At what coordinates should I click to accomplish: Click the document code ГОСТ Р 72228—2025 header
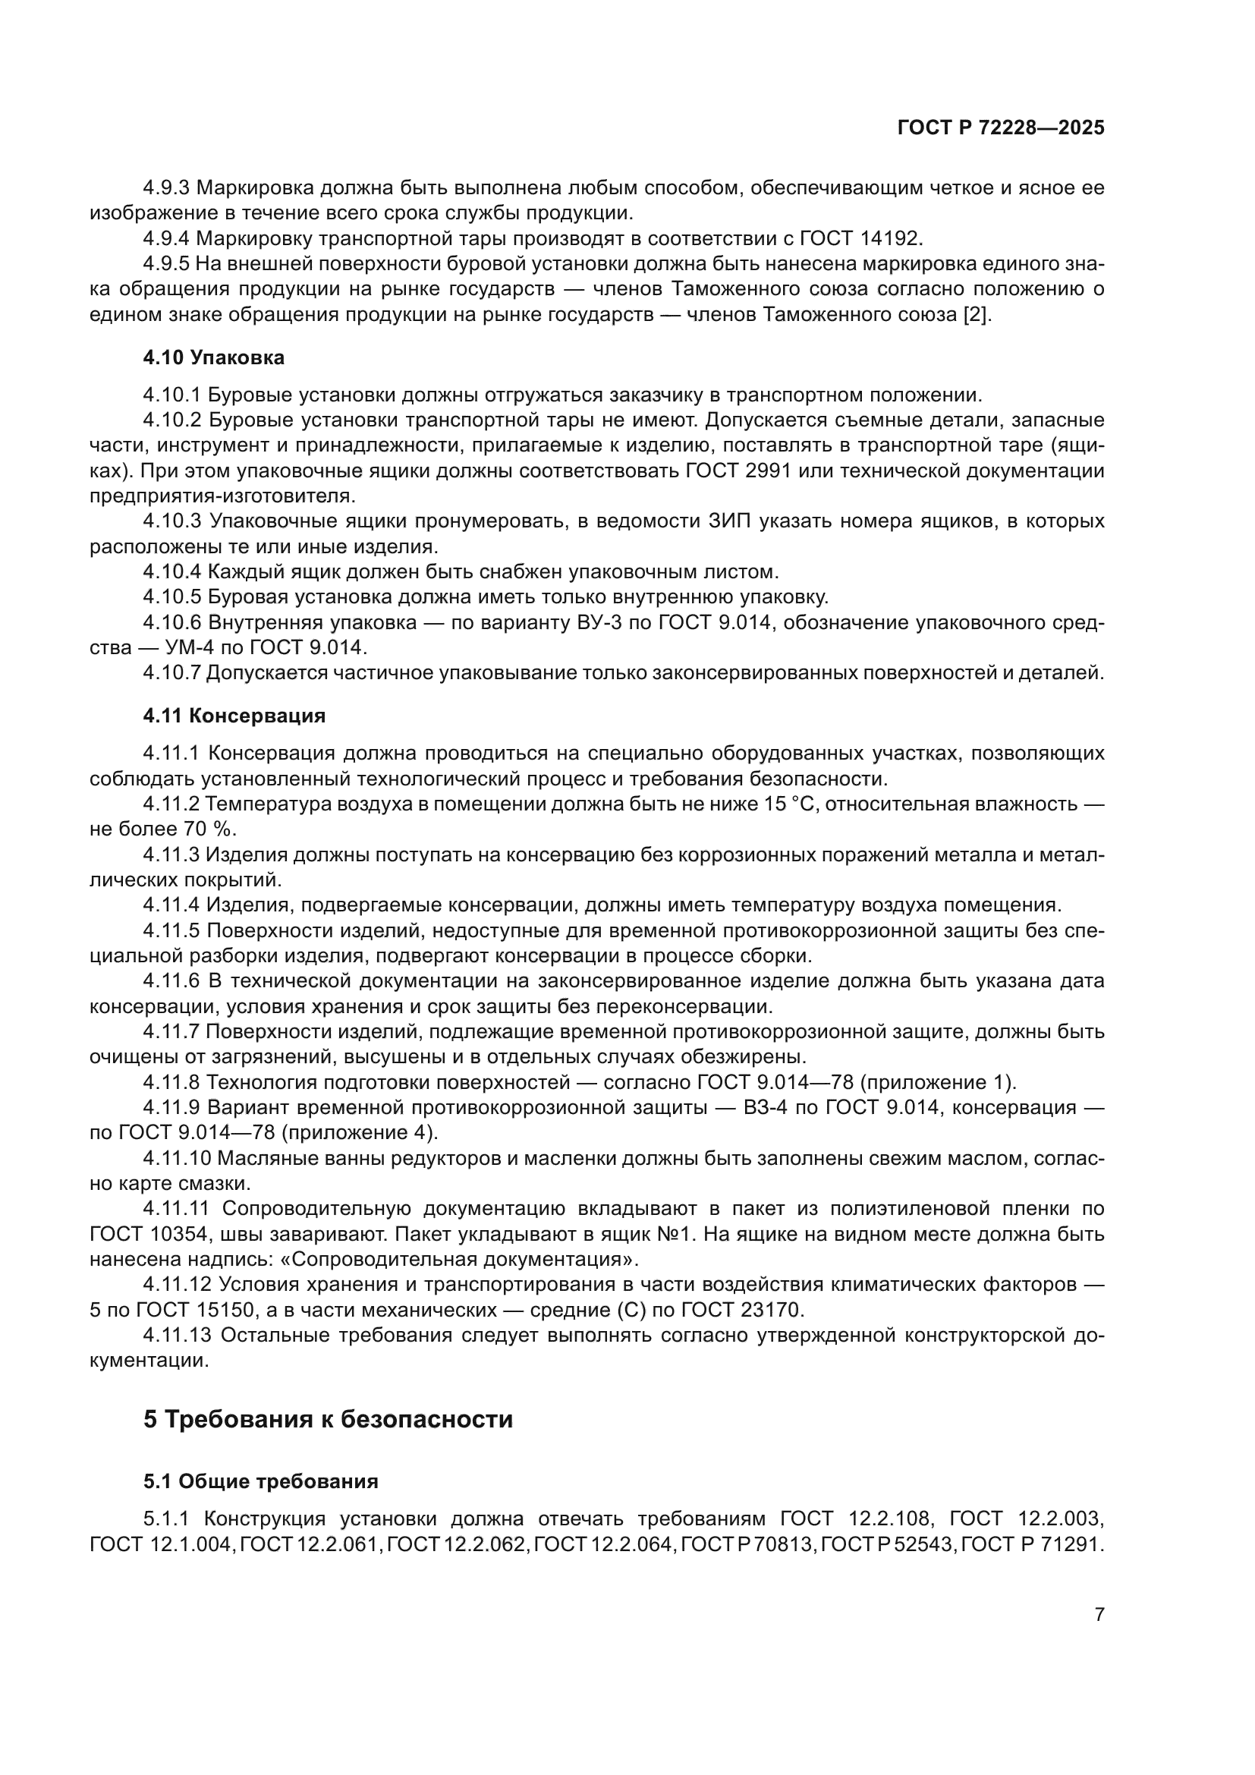(x=1001, y=128)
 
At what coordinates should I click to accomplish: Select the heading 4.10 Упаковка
(x=213, y=358)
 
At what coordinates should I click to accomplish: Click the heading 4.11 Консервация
(x=234, y=716)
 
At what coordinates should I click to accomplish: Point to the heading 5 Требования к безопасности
(x=328, y=1420)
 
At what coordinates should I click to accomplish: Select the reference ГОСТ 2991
(x=738, y=471)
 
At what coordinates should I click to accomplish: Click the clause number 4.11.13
(x=177, y=1336)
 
